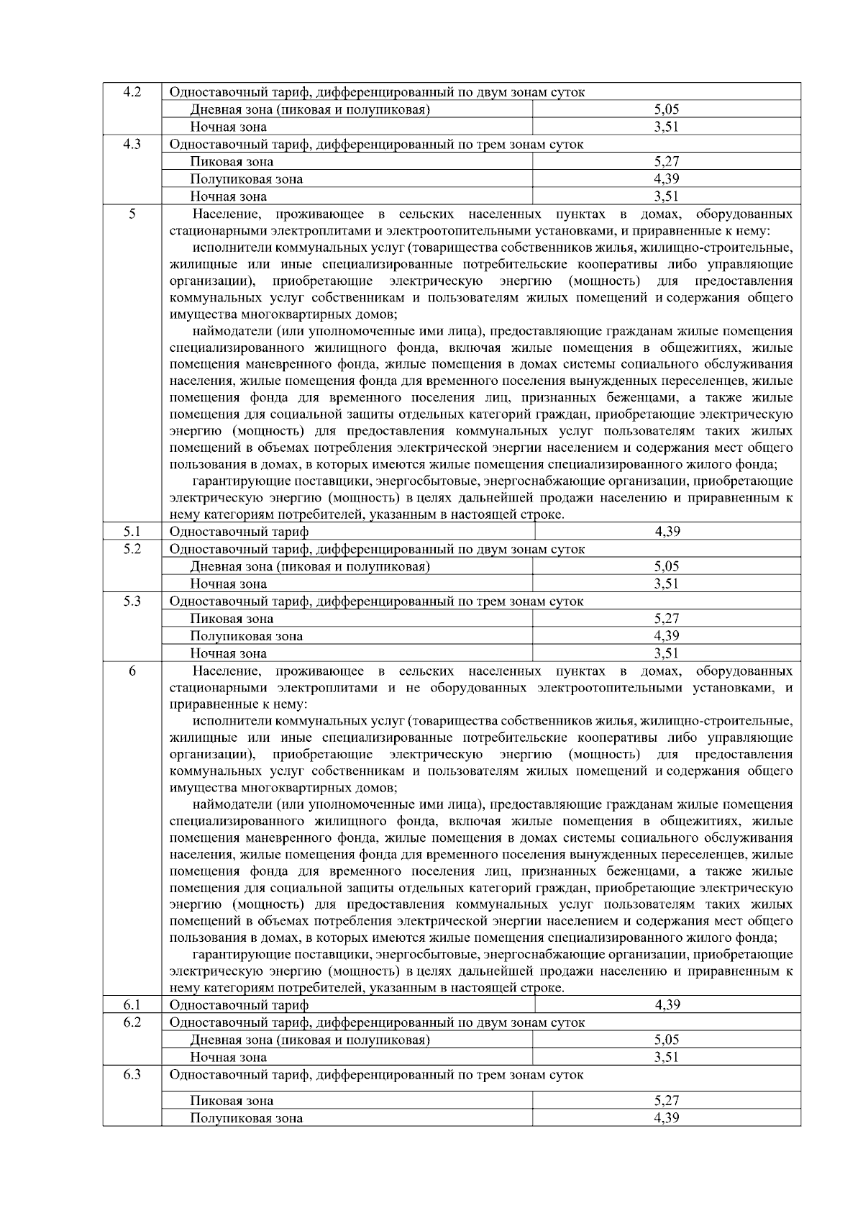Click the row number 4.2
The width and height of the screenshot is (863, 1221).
tap(132, 92)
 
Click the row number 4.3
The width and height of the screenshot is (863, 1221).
tap(132, 144)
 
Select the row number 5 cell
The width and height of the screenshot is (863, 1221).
tap(132, 214)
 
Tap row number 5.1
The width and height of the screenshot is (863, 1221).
tap(132, 532)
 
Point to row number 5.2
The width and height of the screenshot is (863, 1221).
tap(132, 549)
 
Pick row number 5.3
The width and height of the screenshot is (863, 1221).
tap(132, 602)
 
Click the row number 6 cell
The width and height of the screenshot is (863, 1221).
tap(132, 671)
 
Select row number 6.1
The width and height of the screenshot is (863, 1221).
tap(132, 1005)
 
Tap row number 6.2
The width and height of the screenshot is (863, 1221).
tap(132, 1022)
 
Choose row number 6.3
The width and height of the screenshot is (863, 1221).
tap(132, 1075)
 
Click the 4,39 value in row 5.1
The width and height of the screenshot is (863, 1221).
tap(667, 532)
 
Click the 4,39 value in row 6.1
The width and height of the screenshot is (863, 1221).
tap(667, 1005)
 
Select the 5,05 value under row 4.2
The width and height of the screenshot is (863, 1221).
tap(667, 109)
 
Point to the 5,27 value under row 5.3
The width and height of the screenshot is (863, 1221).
tap(667, 619)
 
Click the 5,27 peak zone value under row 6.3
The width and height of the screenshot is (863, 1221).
tap(667, 1101)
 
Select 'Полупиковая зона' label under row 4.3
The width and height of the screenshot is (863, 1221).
tap(246, 179)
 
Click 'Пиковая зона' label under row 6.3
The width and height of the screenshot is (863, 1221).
tap(232, 1101)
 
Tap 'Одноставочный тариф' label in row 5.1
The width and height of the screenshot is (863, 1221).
tap(239, 532)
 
